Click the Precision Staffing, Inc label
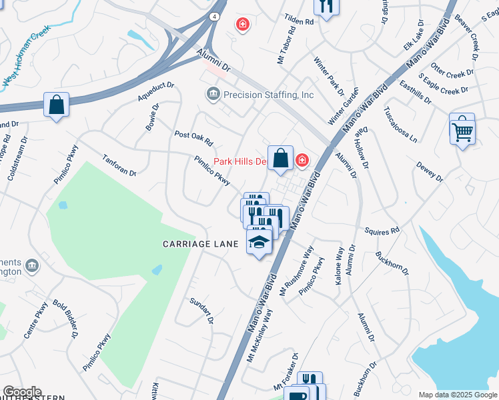268,95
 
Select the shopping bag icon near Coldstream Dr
57,105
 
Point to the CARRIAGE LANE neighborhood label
201,245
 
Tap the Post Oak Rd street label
193,138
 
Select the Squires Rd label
382,231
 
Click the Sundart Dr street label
200,311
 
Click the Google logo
22,392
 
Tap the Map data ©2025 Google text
457,395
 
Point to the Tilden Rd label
300,22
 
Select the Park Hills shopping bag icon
281,159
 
